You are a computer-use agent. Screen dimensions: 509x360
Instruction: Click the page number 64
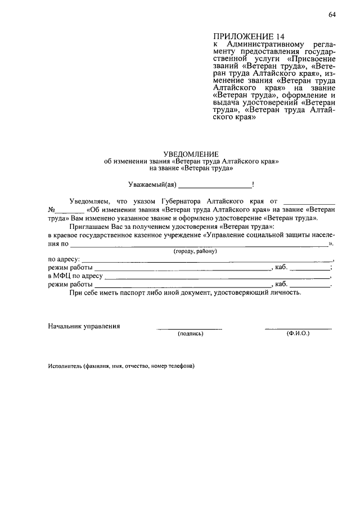(332, 15)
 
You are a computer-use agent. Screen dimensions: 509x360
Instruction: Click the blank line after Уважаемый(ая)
(215, 185)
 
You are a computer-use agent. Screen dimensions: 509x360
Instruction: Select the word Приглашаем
(87, 226)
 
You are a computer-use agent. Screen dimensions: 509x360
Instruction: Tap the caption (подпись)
(190, 334)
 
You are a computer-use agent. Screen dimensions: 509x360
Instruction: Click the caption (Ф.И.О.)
(298, 334)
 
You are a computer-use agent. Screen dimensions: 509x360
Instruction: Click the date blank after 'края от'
(309, 201)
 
